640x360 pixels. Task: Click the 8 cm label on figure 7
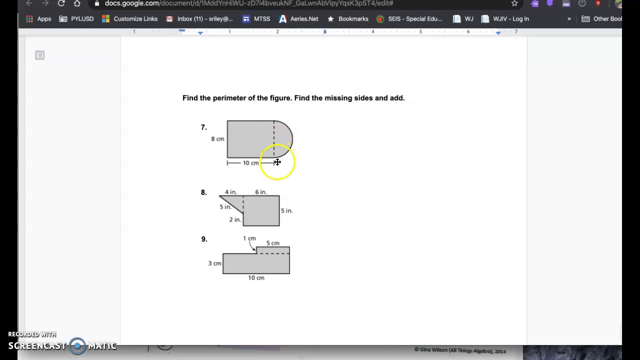pyautogui.click(x=217, y=139)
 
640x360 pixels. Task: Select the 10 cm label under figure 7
pyautogui.click(x=250, y=163)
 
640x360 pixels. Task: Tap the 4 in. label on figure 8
pyautogui.click(x=230, y=192)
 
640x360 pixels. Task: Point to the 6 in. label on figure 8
pyautogui.click(x=261, y=192)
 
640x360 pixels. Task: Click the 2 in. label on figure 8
pyautogui.click(x=235, y=219)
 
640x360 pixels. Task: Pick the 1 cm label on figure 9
pyautogui.click(x=249, y=238)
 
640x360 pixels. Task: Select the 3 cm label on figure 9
pyautogui.click(x=214, y=263)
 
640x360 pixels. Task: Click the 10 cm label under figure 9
pyautogui.click(x=256, y=278)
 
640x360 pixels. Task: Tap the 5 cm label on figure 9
pyautogui.click(x=272, y=243)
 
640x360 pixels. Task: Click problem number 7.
pyautogui.click(x=203, y=127)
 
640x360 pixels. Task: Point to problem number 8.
pyautogui.click(x=203, y=192)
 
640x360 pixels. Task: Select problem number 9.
pyautogui.click(x=204, y=239)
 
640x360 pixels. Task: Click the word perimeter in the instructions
pyautogui.click(x=229, y=98)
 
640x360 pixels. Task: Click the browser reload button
pyautogui.click(x=61, y=3)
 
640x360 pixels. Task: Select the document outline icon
pyautogui.click(x=40, y=55)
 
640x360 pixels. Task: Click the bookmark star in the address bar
pyautogui.click(x=514, y=3)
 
